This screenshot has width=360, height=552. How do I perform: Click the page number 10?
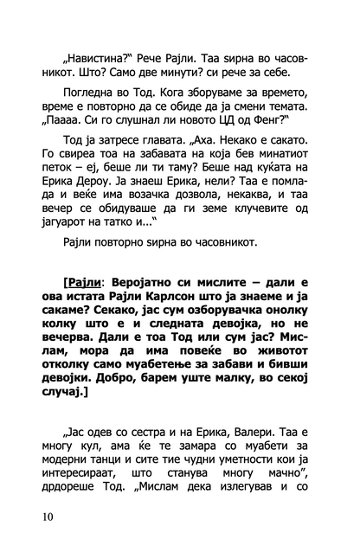tap(45, 517)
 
